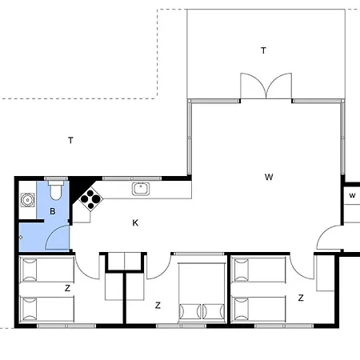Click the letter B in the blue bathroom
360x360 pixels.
pyautogui.click(x=53, y=211)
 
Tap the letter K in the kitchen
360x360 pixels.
pyautogui.click(x=135, y=222)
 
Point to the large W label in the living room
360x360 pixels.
pyautogui.click(x=269, y=177)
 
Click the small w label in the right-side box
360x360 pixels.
pyautogui.click(x=352, y=195)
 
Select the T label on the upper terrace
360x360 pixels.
pyautogui.click(x=263, y=50)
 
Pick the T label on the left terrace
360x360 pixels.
pyautogui.click(x=70, y=140)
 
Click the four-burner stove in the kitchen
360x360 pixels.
pyautogui.click(x=91, y=199)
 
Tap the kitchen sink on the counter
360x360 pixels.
pyautogui.click(x=141, y=189)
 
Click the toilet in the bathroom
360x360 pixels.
pyautogui.click(x=56, y=190)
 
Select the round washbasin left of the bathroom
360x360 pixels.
pyautogui.click(x=27, y=200)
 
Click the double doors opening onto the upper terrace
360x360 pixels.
pyautogui.click(x=266, y=86)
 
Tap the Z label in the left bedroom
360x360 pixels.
pyautogui.click(x=67, y=288)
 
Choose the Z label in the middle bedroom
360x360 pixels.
pyautogui.click(x=158, y=306)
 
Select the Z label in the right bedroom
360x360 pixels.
pyautogui.click(x=301, y=298)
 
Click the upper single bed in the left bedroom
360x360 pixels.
pyautogui.click(x=47, y=270)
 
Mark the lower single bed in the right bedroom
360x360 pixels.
pyautogui.click(x=259, y=309)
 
